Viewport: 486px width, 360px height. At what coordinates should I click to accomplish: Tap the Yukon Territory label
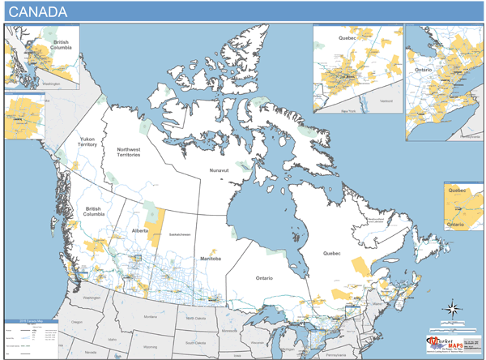click(x=87, y=142)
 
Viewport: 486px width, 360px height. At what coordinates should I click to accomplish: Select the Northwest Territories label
click(x=129, y=152)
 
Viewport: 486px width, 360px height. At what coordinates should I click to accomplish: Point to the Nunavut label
click(x=220, y=171)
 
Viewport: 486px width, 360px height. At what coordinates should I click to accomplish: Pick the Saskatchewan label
click(x=179, y=234)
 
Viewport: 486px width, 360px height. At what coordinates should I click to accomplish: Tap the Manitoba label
click(x=211, y=258)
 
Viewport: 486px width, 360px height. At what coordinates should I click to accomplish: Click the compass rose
click(x=452, y=308)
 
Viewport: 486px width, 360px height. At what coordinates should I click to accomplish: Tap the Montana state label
click(x=149, y=315)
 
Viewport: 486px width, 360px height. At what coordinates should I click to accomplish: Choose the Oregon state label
click(x=77, y=322)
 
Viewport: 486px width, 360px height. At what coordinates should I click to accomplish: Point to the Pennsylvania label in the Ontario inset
click(x=469, y=135)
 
